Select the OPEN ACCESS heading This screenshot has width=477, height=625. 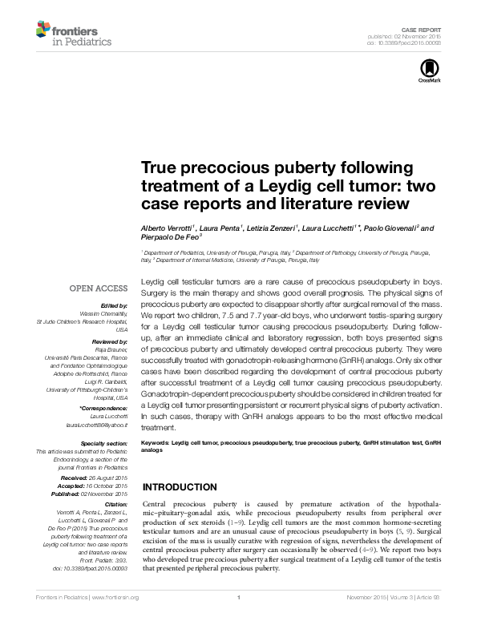tap(99, 288)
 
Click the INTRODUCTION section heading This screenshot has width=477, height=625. tap(185, 488)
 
